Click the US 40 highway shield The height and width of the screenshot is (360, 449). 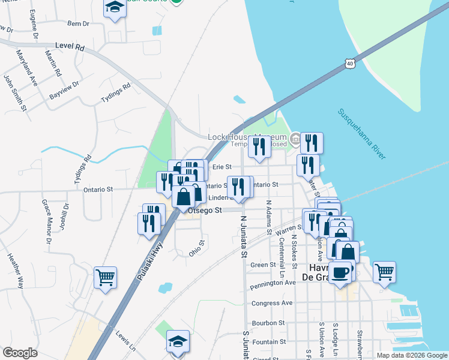coord(350,62)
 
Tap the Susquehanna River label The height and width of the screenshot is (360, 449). coord(361,134)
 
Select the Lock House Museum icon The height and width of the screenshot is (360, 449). coord(295,139)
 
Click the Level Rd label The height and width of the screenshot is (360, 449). coord(69,46)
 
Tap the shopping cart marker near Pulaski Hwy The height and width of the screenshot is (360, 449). coord(105,278)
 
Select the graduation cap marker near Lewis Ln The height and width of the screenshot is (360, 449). coord(177,341)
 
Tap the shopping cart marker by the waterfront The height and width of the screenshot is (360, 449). coord(384,272)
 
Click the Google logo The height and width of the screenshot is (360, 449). coord(20,353)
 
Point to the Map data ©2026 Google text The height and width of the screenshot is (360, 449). coord(412,355)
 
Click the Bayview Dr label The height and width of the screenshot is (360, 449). coord(64,91)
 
